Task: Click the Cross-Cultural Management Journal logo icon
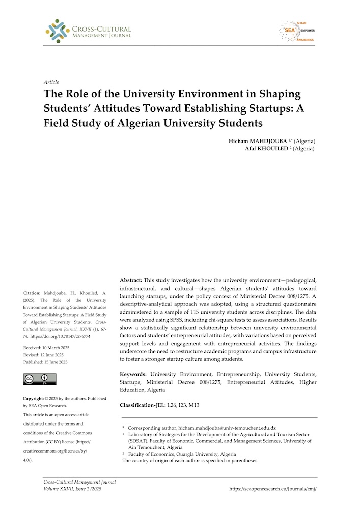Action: pyautogui.click(x=57, y=31)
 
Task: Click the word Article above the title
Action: pyautogui.click(x=51, y=82)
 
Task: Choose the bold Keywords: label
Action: pyautogui.click(x=135, y=374)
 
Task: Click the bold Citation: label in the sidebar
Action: pyautogui.click(x=34, y=293)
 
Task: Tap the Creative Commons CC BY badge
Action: pyautogui.click(x=40, y=379)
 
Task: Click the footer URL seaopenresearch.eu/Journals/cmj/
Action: pyautogui.click(x=276, y=488)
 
